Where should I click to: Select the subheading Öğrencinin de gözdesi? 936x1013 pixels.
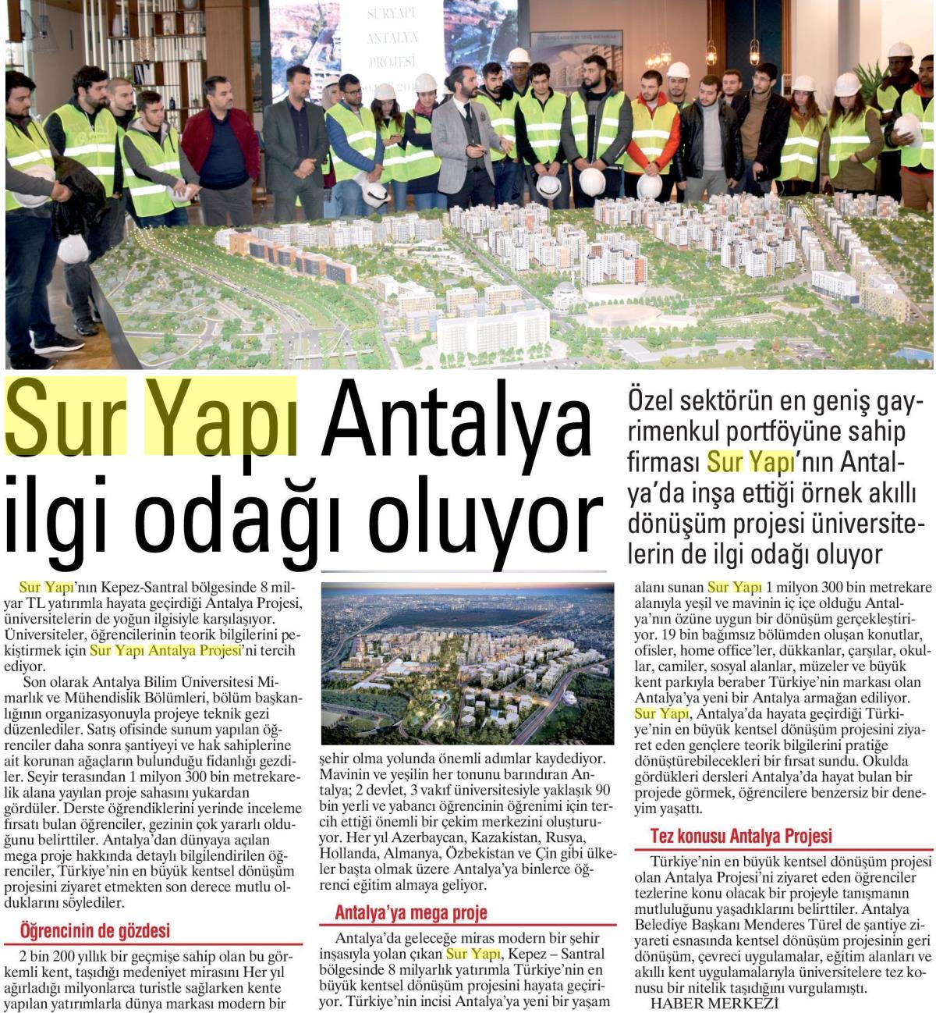coord(94,931)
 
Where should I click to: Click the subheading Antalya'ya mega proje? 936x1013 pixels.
coord(411,912)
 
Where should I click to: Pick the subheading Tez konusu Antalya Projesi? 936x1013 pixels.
coord(741,836)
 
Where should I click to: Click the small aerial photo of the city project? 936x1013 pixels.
coord(467,663)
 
